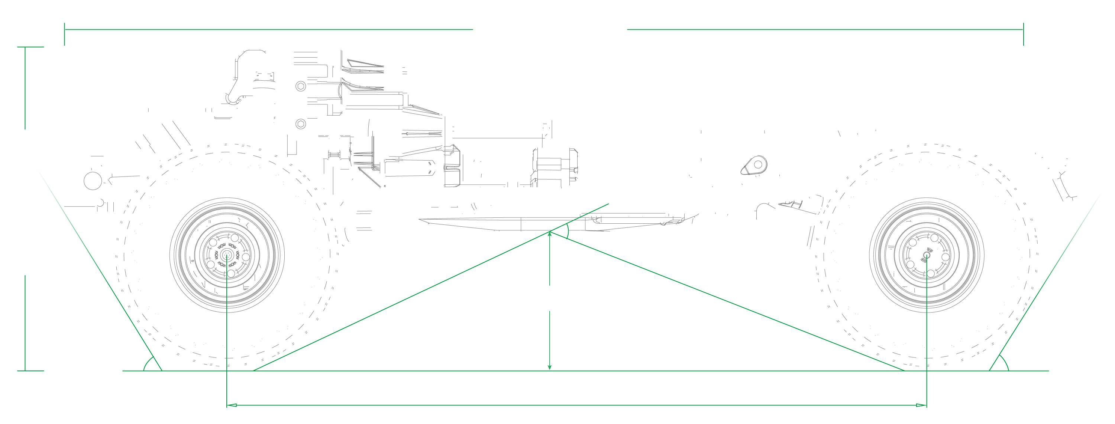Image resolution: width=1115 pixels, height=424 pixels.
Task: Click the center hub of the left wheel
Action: pyautogui.click(x=226, y=255)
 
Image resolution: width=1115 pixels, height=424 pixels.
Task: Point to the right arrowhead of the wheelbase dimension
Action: pyautogui.click(x=922, y=405)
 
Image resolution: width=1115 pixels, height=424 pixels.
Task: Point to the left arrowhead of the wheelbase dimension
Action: pyautogui.click(x=231, y=405)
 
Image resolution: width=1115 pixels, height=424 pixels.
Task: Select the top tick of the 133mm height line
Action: pyautogui.click(x=30, y=47)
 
